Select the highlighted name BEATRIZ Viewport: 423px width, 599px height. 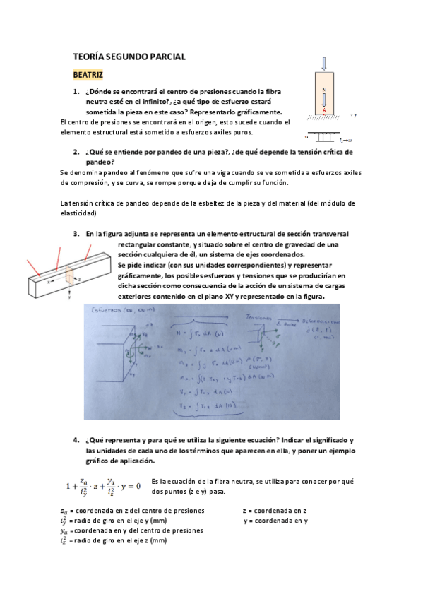(88, 73)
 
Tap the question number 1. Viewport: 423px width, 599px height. (76, 92)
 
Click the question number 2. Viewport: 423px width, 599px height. (76, 152)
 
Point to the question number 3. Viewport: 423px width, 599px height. (76, 234)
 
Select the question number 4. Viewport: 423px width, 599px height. (76, 440)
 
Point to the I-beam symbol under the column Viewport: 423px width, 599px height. (324, 134)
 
